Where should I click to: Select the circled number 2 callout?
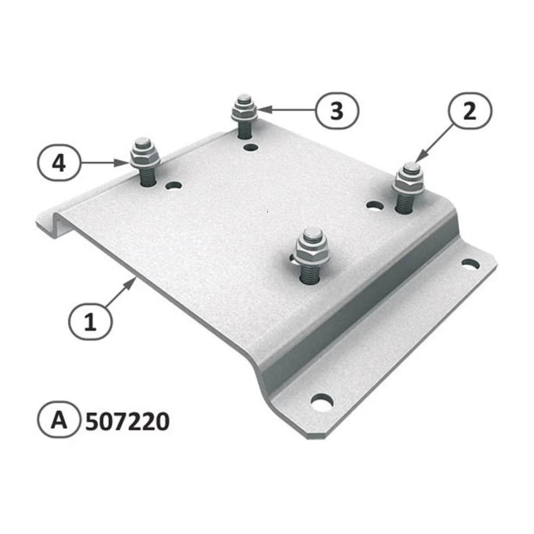click(x=469, y=111)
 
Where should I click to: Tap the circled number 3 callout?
click(x=336, y=111)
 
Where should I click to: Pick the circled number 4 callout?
click(x=59, y=162)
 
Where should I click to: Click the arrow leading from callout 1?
click(x=120, y=293)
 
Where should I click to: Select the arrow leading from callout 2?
click(x=434, y=141)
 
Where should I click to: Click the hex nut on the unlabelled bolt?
click(x=312, y=250)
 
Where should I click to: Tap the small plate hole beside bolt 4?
click(x=174, y=186)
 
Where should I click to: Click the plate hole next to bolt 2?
click(x=375, y=205)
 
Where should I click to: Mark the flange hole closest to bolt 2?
click(x=470, y=263)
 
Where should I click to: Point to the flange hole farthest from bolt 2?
click(x=322, y=402)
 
